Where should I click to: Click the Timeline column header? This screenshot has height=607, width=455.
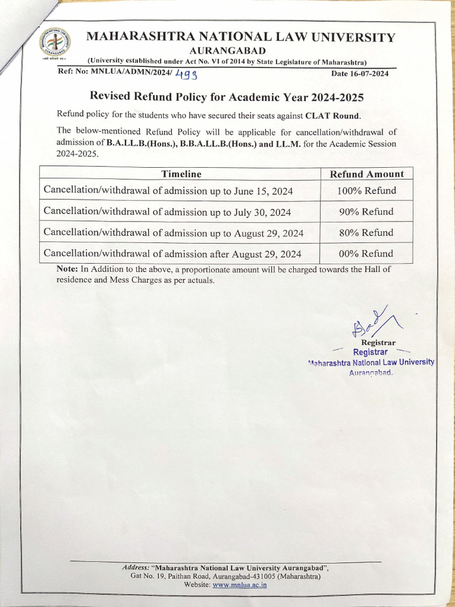[181, 174]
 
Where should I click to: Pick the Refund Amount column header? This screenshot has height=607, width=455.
[367, 174]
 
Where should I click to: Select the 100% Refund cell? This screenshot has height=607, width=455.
[366, 191]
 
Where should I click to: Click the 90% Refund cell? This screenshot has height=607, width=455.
[366, 212]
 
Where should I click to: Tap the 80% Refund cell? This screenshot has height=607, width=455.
[366, 232]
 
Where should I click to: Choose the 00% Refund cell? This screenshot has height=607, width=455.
[366, 253]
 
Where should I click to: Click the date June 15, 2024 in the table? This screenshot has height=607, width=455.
[261, 191]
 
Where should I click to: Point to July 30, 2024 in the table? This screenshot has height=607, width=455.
[262, 212]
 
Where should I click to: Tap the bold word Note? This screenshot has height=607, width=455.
[68, 269]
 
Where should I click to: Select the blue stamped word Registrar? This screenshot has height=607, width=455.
[370, 352]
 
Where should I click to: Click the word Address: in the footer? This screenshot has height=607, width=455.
[136, 567]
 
